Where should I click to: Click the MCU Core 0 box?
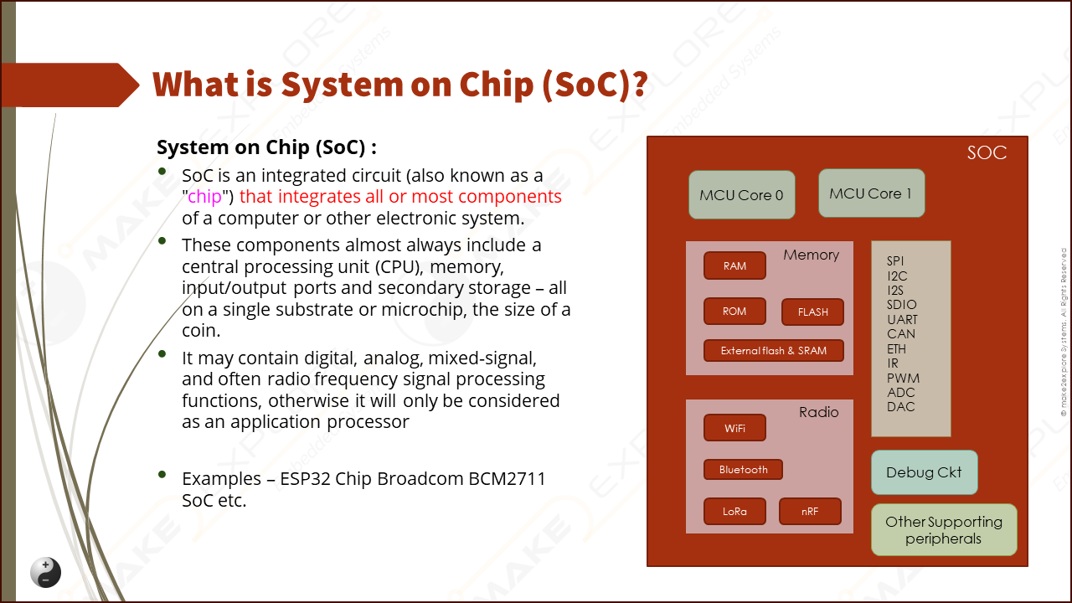[x=741, y=195]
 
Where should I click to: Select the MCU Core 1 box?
[x=871, y=193]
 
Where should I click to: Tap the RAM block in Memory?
[x=734, y=265]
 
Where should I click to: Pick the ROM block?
[x=734, y=312]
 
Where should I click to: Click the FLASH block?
[x=812, y=312]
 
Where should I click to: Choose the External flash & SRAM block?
[x=773, y=351]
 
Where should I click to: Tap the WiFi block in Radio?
[x=734, y=429]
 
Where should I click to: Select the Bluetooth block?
[x=743, y=470]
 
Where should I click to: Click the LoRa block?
[x=734, y=512]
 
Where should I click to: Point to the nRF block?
[x=810, y=512]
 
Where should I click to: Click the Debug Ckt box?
[x=924, y=472]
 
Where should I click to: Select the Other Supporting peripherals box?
[x=944, y=530]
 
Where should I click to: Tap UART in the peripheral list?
[x=902, y=320]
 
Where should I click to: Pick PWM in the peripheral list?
[x=903, y=378]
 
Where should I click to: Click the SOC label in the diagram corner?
[x=986, y=153]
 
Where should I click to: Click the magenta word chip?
[x=204, y=197]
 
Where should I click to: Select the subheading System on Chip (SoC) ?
[x=266, y=147]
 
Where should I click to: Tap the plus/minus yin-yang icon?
[x=46, y=572]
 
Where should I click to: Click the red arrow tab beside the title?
[x=67, y=85]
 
